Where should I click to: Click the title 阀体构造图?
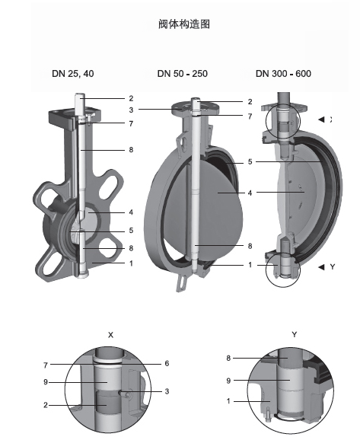tap(184, 24)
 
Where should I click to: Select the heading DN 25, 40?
tap(73, 74)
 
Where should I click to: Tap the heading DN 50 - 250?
tap(183, 74)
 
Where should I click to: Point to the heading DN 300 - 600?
tap(283, 74)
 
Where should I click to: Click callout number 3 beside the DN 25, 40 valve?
tap(131, 110)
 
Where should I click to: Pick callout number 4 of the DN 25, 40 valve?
tap(131, 212)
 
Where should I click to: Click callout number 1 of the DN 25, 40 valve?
tap(131, 263)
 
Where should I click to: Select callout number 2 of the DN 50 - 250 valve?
tap(250, 101)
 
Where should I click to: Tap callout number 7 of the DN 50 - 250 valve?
tap(250, 116)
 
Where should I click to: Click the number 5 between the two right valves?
tap(250, 162)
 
